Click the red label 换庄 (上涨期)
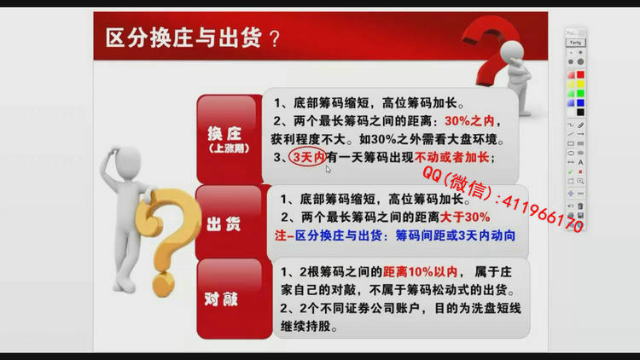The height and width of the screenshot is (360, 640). [x=229, y=139]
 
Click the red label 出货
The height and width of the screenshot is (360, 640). [x=224, y=224]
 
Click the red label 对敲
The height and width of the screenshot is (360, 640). [x=221, y=299]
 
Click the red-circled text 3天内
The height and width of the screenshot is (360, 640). [x=308, y=157]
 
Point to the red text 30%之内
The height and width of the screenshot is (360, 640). [x=469, y=121]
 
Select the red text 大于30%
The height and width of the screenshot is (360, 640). [x=465, y=217]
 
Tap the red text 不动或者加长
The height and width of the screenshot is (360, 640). [x=451, y=157]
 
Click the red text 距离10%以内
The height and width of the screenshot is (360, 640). [x=420, y=272]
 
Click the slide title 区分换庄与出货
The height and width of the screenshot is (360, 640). [x=183, y=38]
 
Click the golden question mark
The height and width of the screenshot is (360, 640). [x=166, y=241]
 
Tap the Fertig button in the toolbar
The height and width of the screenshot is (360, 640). [x=575, y=43]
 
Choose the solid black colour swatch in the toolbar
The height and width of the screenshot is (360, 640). [x=580, y=113]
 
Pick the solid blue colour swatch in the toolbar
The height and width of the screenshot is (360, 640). [x=580, y=103]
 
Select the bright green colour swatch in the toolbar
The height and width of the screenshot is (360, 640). [x=580, y=93]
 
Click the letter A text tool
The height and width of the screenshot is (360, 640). [x=580, y=162]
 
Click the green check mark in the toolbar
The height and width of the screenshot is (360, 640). [x=570, y=171]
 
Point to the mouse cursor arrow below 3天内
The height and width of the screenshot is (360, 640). [x=329, y=170]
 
